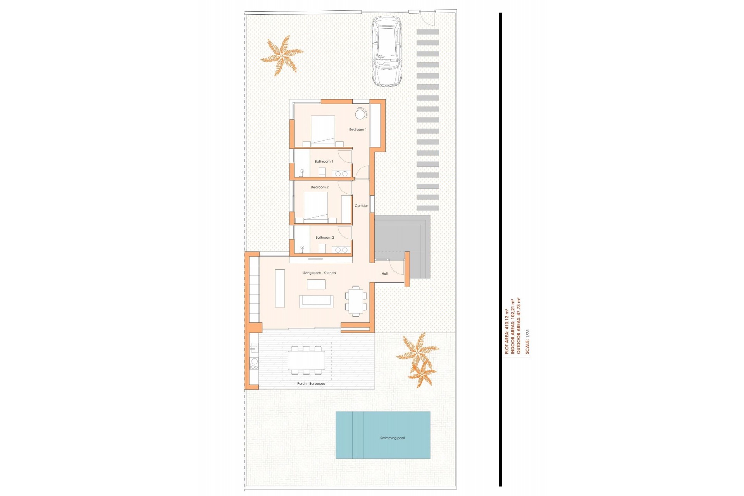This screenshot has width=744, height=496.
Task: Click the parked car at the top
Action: [386, 51]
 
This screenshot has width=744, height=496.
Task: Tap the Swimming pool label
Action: [392, 438]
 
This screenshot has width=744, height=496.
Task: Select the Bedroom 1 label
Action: [357, 129]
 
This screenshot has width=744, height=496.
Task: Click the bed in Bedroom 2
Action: [316, 206]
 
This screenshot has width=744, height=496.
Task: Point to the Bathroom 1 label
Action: [324, 161]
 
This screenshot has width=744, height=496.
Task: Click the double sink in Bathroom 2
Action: [341, 250]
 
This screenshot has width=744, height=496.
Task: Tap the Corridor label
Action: [361, 206]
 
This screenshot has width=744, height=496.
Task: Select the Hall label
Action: [384, 274]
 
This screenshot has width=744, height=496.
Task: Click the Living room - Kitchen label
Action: [319, 273]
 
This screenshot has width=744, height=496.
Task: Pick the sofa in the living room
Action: [316, 301]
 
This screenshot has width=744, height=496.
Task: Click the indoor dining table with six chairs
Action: [355, 301]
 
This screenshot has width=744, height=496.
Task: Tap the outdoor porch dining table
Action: [306, 360]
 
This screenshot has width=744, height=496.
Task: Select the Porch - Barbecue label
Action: [311, 384]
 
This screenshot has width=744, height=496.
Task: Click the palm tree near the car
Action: [282, 55]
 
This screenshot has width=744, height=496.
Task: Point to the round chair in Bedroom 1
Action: [361, 114]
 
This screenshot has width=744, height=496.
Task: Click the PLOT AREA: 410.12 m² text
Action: [506, 331]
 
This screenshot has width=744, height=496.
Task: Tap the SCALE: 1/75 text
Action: [527, 341]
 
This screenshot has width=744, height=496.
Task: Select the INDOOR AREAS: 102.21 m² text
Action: [512, 326]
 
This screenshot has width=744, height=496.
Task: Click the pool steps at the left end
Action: [350, 435]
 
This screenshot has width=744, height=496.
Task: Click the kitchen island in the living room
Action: [280, 288]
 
